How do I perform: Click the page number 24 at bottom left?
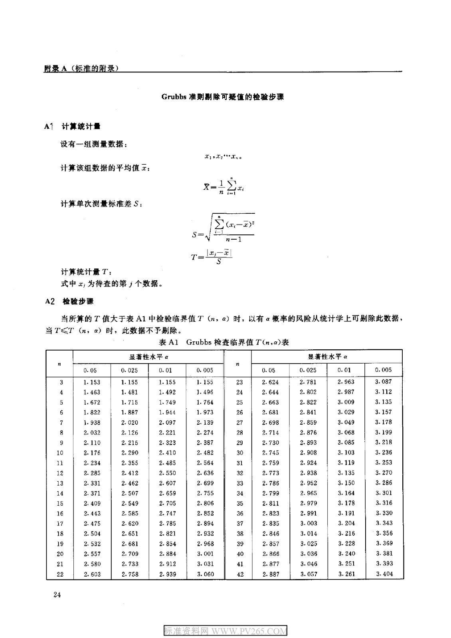pos(57,595)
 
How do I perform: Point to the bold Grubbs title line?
pos(223,97)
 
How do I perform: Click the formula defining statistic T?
pos(212,256)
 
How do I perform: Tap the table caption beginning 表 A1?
pos(224,342)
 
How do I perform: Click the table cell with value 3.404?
pos(384,574)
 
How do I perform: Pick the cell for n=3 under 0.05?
pos(92,382)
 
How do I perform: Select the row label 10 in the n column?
pos(60,453)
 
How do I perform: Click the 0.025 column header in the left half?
pos(129,370)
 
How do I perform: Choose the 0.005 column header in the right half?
pos(384,370)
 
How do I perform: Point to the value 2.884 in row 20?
pos(167,554)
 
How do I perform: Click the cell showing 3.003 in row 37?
pos(309,523)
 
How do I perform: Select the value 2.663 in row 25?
pos(271,402)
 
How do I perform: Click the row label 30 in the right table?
pos(239,453)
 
